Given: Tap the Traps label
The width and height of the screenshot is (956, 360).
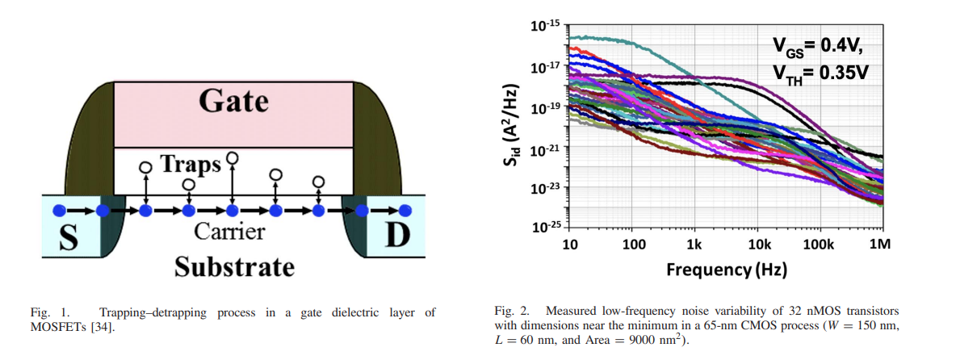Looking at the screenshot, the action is (x=191, y=164).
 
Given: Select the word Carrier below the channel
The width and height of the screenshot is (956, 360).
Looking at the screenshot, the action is (x=229, y=232).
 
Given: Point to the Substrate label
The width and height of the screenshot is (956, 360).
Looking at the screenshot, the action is (x=234, y=266).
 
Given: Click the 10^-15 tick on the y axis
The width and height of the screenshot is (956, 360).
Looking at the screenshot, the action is (x=546, y=25).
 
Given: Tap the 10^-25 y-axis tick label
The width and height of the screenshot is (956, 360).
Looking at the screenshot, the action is (x=546, y=228).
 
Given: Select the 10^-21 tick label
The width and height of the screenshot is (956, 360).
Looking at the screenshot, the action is (x=546, y=147).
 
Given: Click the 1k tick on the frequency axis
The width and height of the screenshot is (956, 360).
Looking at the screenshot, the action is (x=694, y=245).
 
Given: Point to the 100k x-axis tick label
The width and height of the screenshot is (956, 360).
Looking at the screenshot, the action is (x=818, y=245).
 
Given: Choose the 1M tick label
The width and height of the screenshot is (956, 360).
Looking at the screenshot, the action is (x=880, y=245).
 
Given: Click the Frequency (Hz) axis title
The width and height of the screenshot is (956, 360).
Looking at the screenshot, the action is (x=726, y=269).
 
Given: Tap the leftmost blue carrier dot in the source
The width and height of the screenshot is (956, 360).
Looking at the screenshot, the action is (x=59, y=211).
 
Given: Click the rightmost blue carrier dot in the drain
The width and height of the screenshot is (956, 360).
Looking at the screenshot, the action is (x=405, y=210).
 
